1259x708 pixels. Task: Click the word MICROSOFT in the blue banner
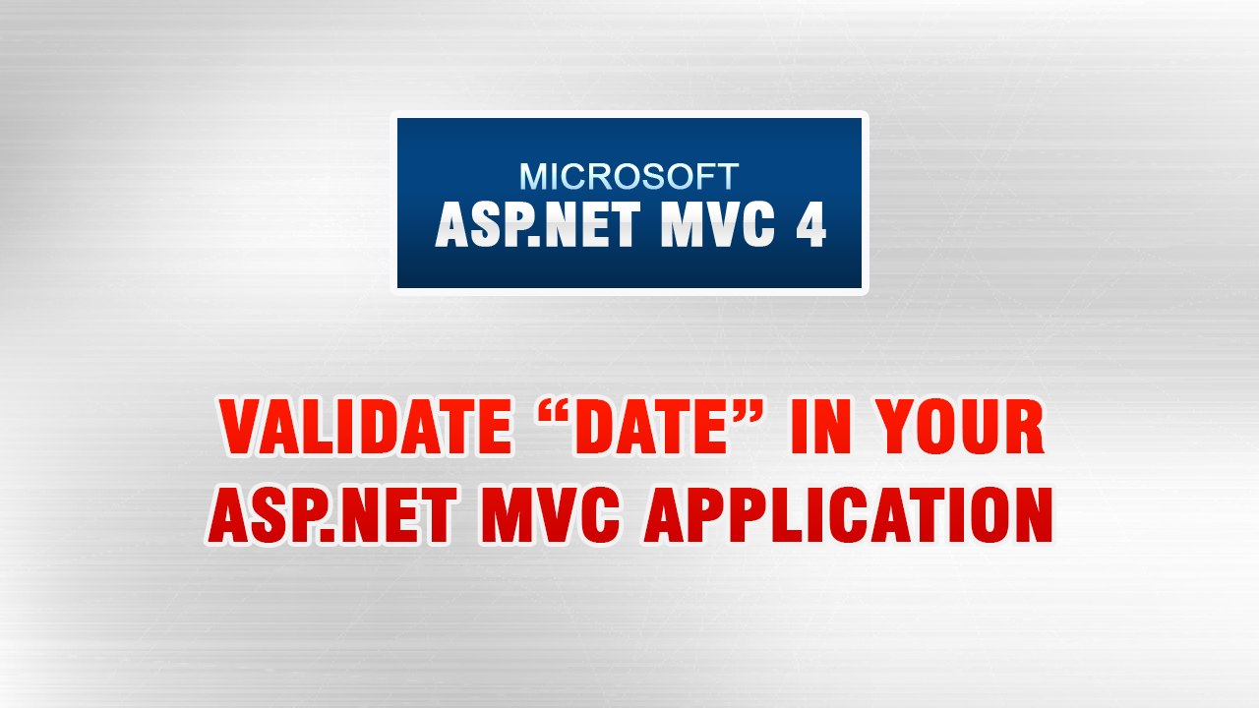(629, 177)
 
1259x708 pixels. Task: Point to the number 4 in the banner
(809, 225)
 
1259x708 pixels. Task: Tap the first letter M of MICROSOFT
(533, 177)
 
